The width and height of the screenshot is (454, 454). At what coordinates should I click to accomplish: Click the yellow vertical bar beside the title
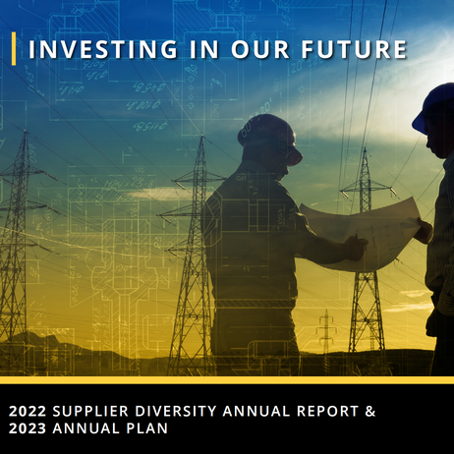(15, 48)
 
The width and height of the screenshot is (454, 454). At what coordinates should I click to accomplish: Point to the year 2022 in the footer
(28, 411)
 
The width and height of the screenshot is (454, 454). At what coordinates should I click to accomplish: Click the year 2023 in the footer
(28, 429)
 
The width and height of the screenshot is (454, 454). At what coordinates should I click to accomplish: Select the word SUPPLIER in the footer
(99, 411)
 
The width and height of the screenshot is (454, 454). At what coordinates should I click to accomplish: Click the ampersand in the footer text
(371, 411)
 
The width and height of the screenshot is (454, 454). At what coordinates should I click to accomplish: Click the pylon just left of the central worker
(192, 255)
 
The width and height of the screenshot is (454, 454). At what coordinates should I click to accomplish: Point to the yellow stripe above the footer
(227, 380)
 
